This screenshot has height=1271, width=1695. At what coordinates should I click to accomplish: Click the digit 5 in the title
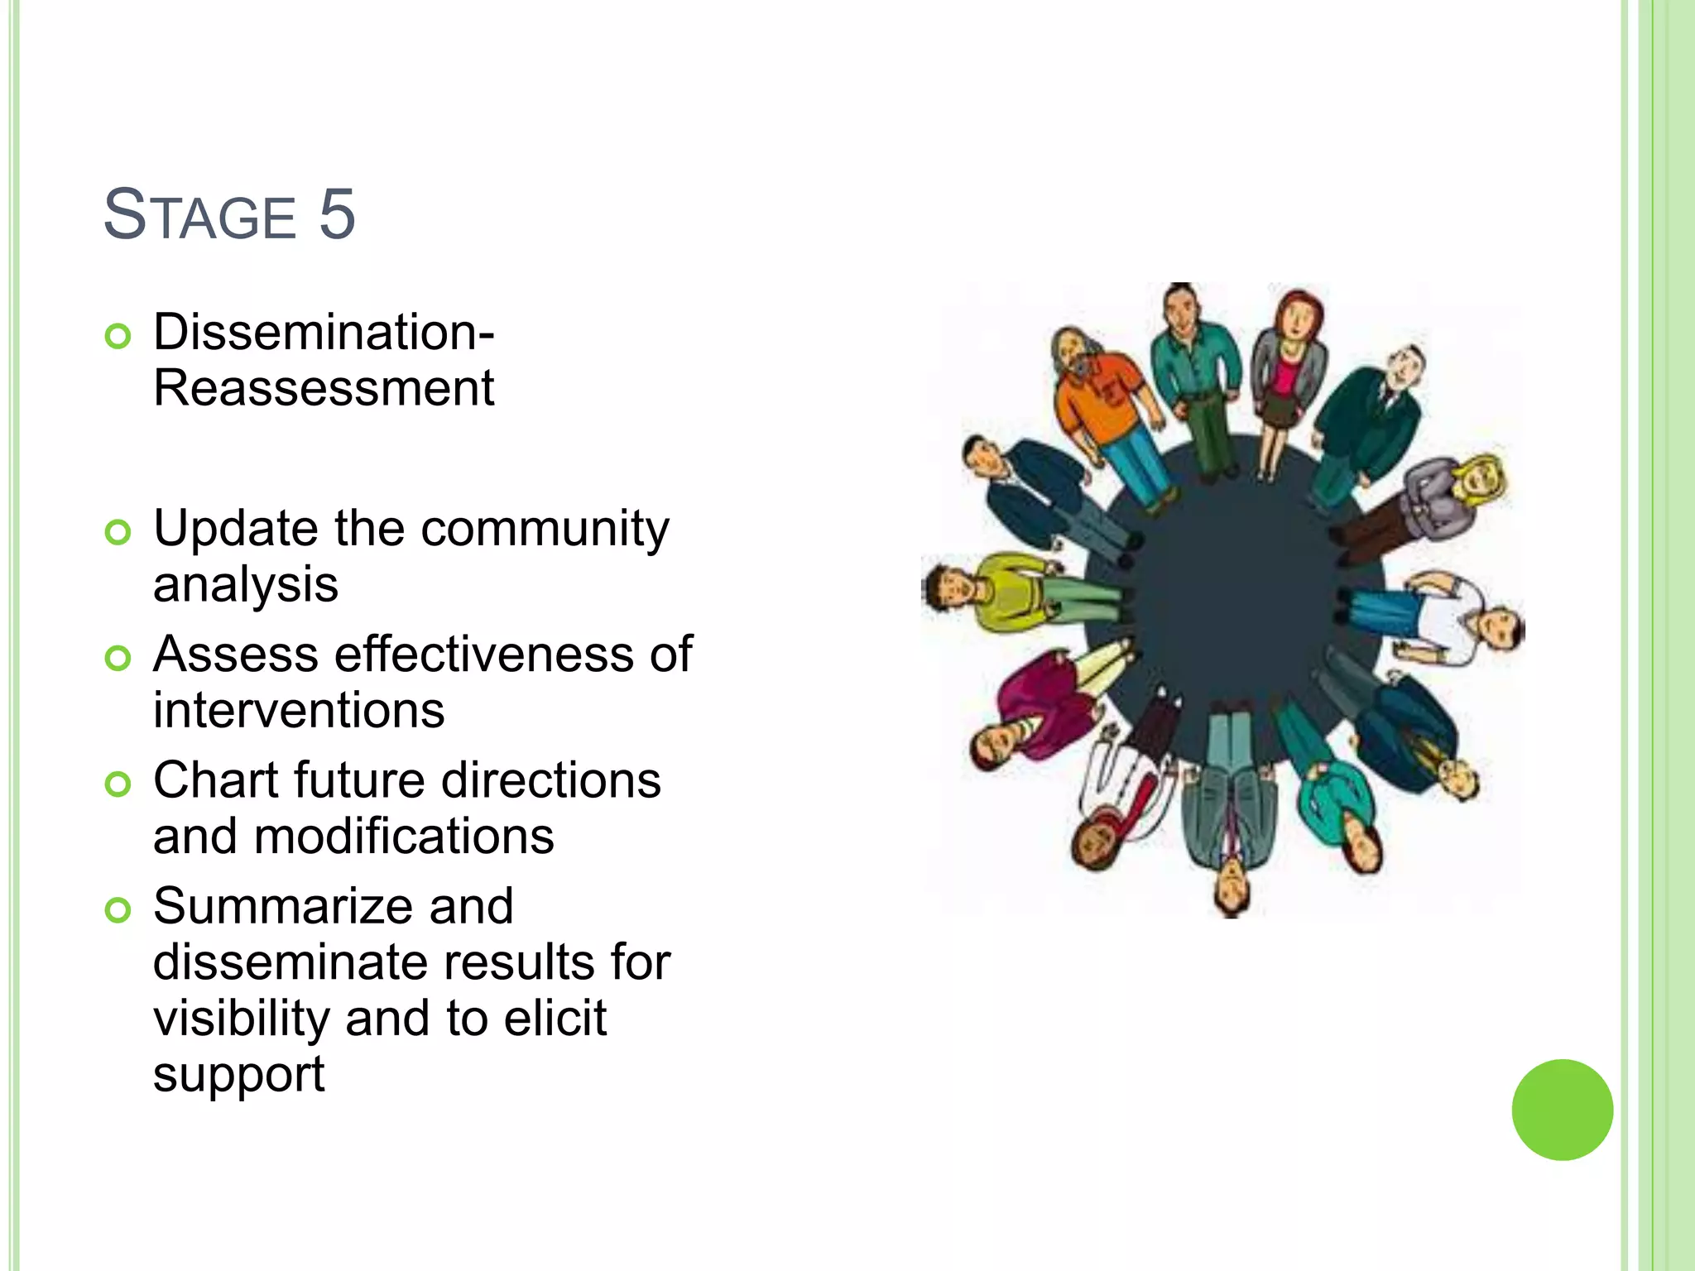point(337,214)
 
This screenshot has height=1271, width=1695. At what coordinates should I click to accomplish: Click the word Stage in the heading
point(199,216)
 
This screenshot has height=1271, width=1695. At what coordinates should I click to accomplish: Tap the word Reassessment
point(324,388)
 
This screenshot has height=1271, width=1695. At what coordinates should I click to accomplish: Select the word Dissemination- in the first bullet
point(324,332)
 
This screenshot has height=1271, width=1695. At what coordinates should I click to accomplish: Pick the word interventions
point(299,710)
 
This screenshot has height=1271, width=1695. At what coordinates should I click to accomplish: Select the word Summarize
point(334,906)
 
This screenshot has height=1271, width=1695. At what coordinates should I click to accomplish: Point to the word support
point(238,1075)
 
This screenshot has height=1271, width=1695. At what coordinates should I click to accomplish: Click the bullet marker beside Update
point(118,532)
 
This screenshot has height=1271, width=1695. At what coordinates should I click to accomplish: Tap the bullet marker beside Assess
point(118,658)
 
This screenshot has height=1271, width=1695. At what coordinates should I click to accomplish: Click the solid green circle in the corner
point(1562,1110)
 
